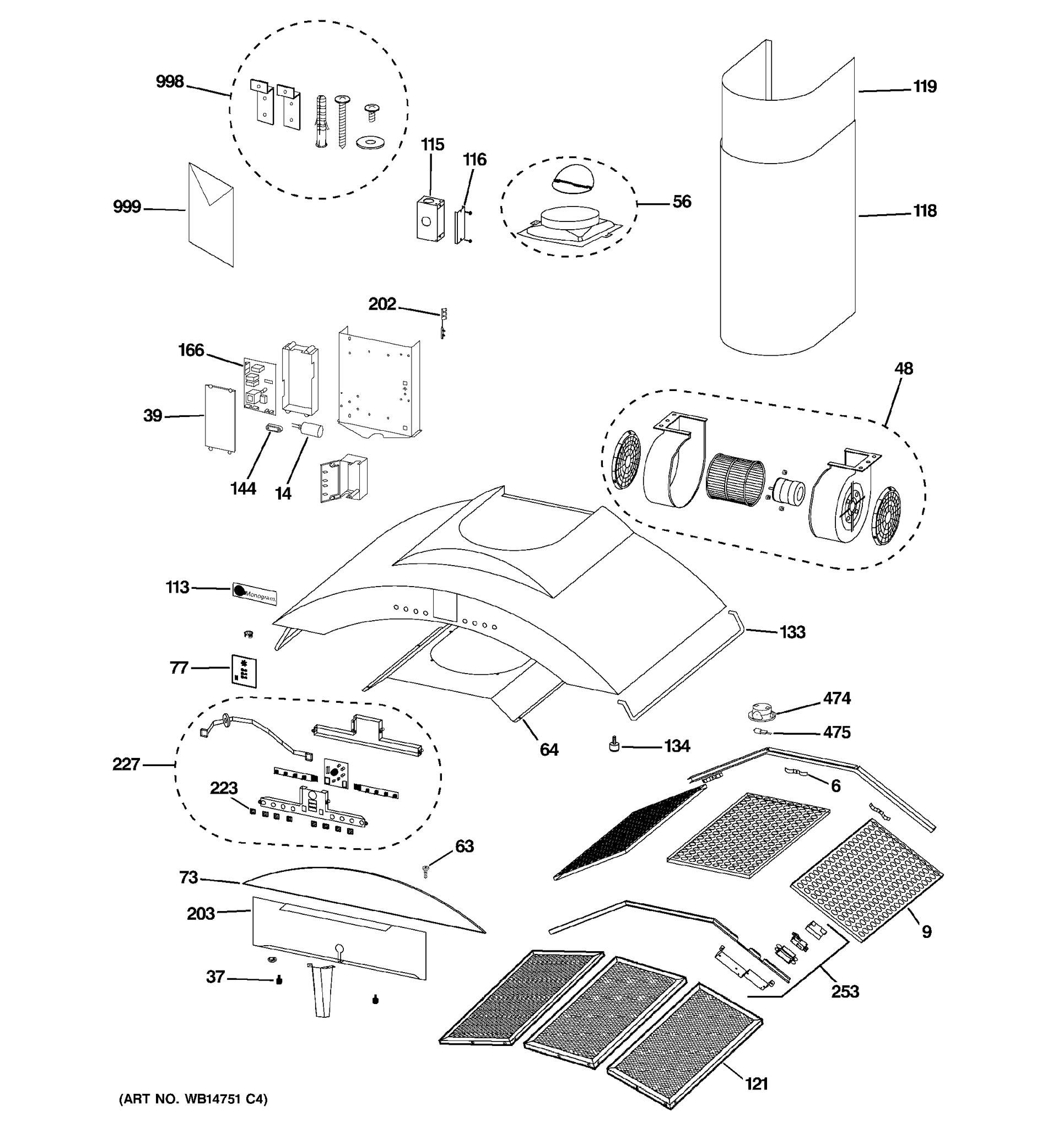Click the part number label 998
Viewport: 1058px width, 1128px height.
point(170,82)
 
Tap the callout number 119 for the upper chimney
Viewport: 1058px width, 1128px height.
point(925,87)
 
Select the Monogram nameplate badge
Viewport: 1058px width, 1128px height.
point(254,593)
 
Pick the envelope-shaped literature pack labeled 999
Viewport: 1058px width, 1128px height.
point(210,214)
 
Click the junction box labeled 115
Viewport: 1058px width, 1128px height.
point(430,219)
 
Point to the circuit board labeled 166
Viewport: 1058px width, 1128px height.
point(260,384)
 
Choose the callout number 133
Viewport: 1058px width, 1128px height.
point(792,632)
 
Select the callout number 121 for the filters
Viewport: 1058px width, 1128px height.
point(756,1084)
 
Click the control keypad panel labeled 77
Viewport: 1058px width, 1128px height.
point(244,671)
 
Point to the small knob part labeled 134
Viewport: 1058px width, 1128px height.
point(613,745)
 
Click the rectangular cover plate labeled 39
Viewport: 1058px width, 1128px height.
point(220,417)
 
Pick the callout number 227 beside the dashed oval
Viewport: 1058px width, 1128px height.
point(126,764)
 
